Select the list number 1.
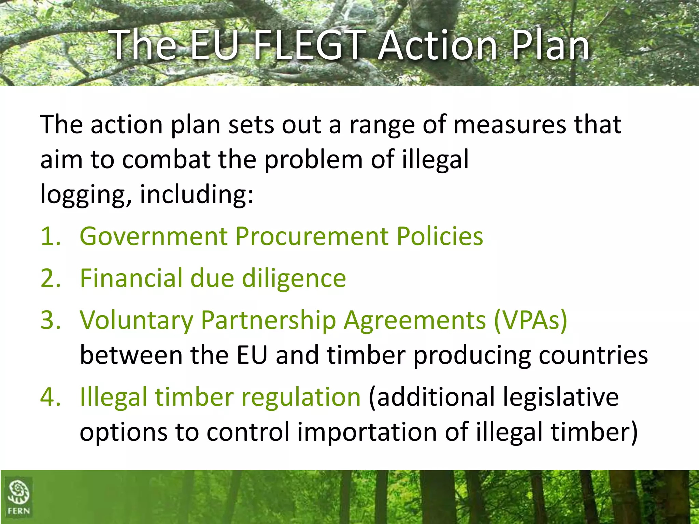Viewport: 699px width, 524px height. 50,236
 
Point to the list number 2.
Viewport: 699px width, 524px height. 50,278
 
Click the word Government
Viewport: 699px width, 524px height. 154,236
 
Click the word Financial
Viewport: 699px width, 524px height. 131,278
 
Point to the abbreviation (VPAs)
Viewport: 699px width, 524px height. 530,321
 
